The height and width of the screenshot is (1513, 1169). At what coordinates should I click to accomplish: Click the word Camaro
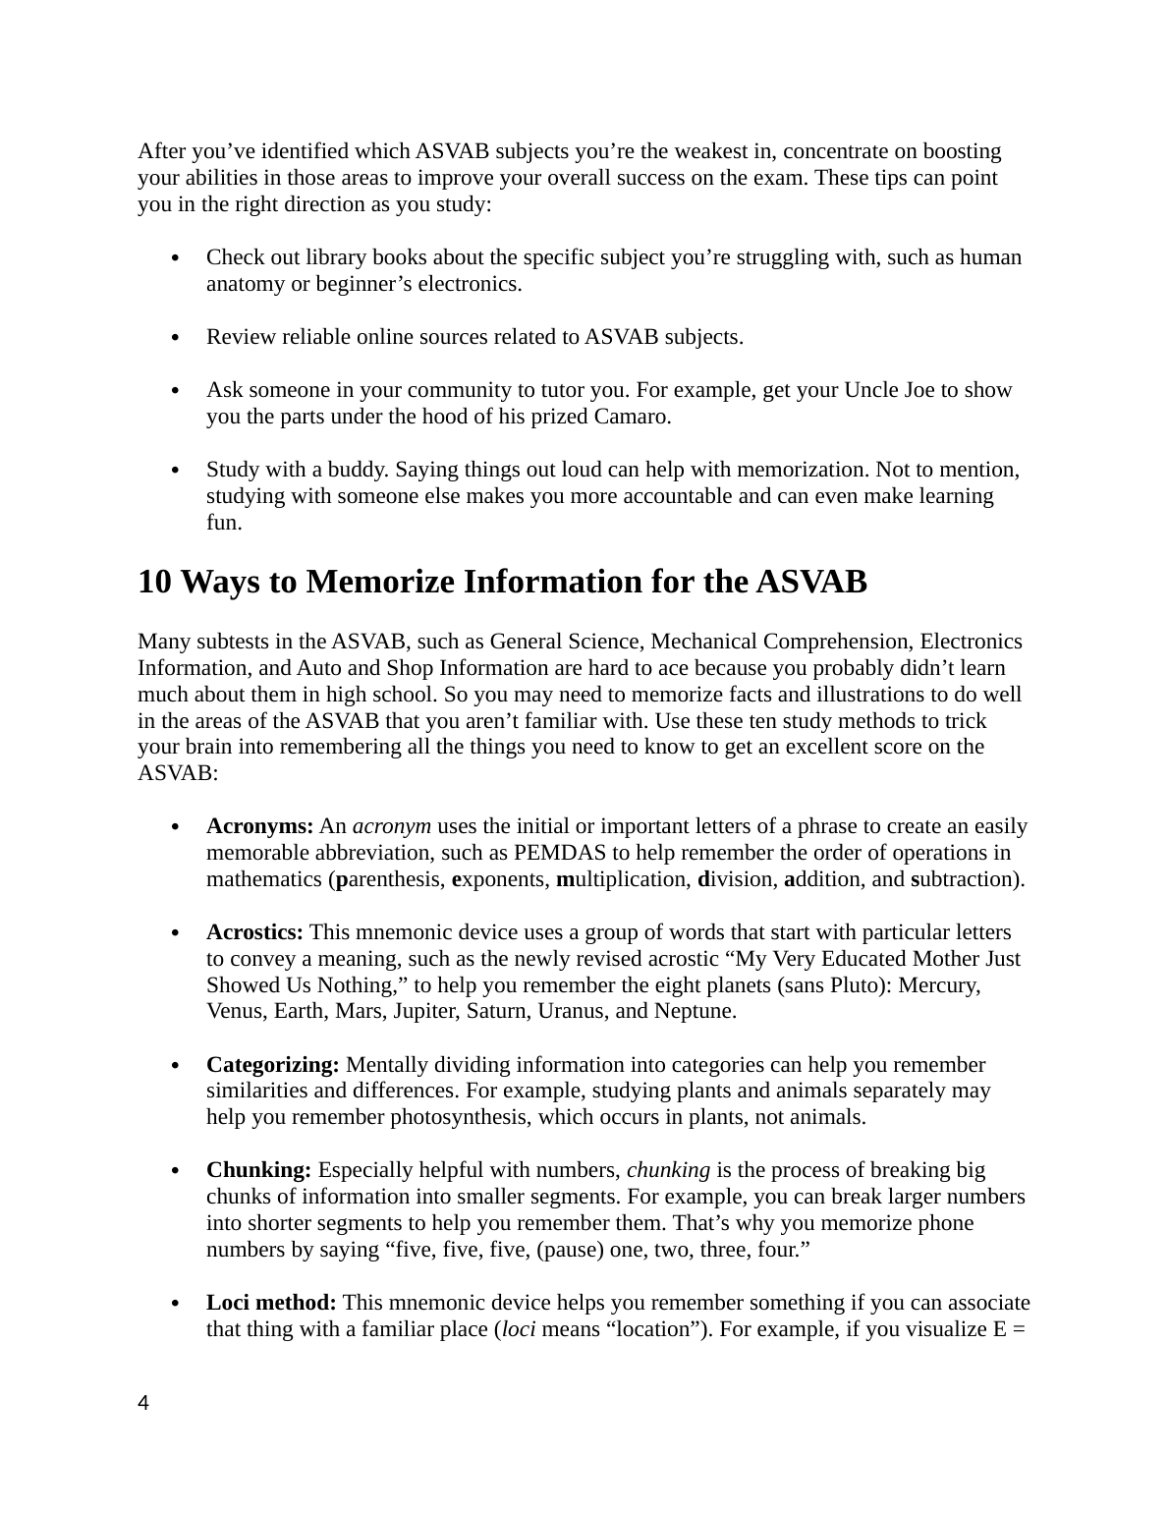pos(632,417)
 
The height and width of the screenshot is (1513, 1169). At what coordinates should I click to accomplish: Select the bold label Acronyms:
pos(259,826)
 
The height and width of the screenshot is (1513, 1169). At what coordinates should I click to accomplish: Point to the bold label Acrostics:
pos(254,932)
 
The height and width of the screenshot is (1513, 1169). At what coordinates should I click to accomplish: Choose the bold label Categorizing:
pos(273,1065)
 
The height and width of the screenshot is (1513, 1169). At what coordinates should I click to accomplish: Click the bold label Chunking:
pos(258,1170)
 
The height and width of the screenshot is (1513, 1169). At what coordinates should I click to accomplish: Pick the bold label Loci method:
pos(271,1303)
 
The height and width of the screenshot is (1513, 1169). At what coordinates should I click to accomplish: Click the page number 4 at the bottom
pos(143,1403)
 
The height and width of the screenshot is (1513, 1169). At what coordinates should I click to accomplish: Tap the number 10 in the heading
pos(156,583)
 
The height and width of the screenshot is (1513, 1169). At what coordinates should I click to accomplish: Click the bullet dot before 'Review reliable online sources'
pos(174,338)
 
